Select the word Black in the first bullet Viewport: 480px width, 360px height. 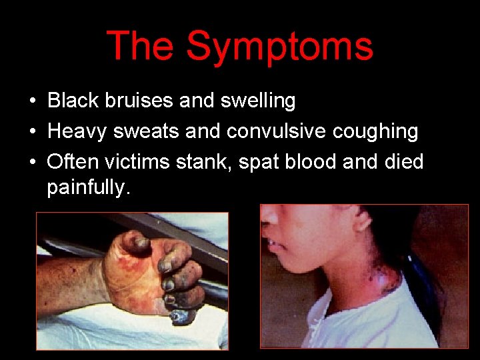(x=72, y=101)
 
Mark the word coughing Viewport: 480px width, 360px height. (x=380, y=132)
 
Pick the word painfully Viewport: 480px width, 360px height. (x=86, y=189)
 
